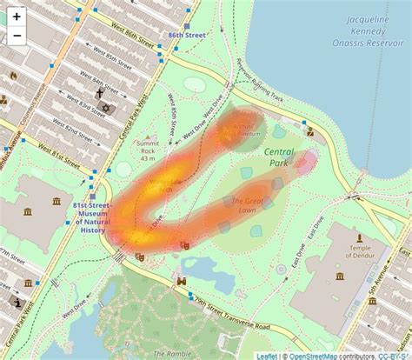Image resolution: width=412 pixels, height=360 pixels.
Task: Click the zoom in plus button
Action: (17, 17)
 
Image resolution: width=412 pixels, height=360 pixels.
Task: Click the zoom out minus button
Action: (17, 36)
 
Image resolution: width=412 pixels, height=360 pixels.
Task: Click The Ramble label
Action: (170, 354)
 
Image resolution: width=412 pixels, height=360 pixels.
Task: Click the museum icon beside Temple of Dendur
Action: (360, 236)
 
